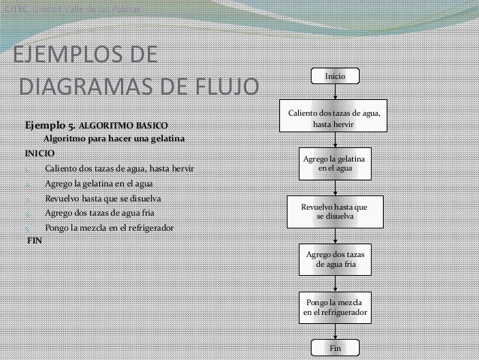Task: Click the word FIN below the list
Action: [35, 241]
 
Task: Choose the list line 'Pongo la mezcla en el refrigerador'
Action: [109, 227]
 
